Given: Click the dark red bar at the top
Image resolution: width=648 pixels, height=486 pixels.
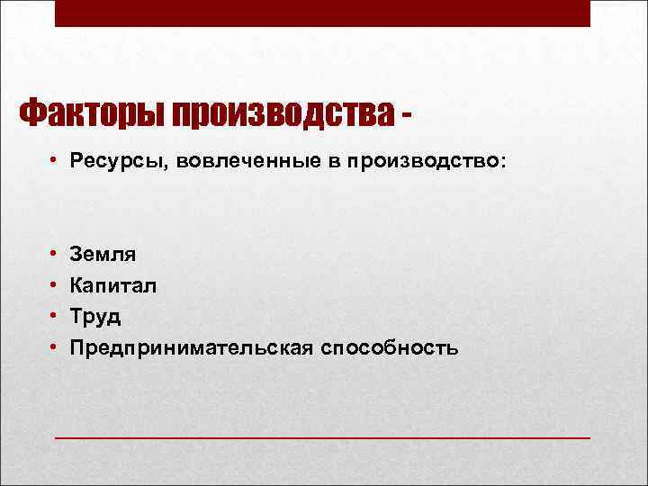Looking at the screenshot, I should pos(323,13).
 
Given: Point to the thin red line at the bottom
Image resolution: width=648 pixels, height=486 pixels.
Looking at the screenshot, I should pos(323,437).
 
